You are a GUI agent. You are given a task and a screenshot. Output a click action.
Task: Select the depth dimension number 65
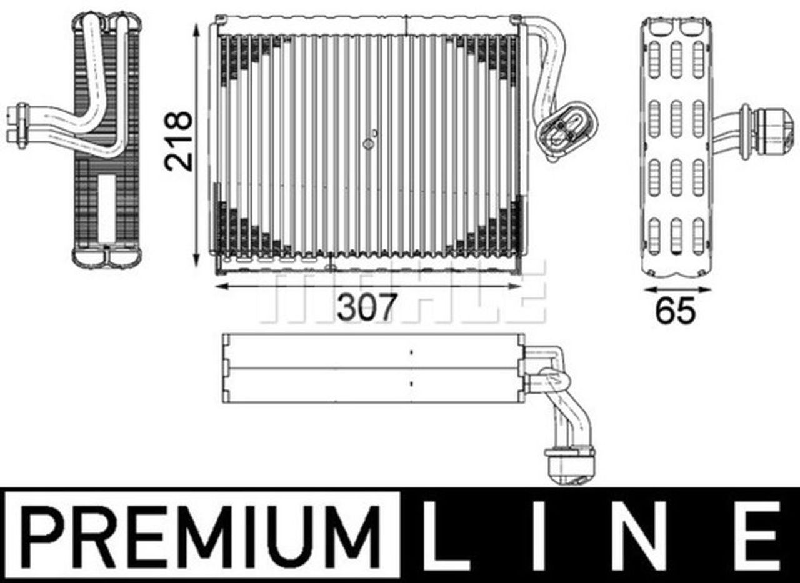click(676, 311)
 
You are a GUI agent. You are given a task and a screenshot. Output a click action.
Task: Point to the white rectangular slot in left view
click(107, 206)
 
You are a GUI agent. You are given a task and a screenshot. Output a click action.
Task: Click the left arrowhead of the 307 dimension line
click(217, 286)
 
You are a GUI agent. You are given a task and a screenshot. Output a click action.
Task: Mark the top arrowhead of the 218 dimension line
click(198, 27)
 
